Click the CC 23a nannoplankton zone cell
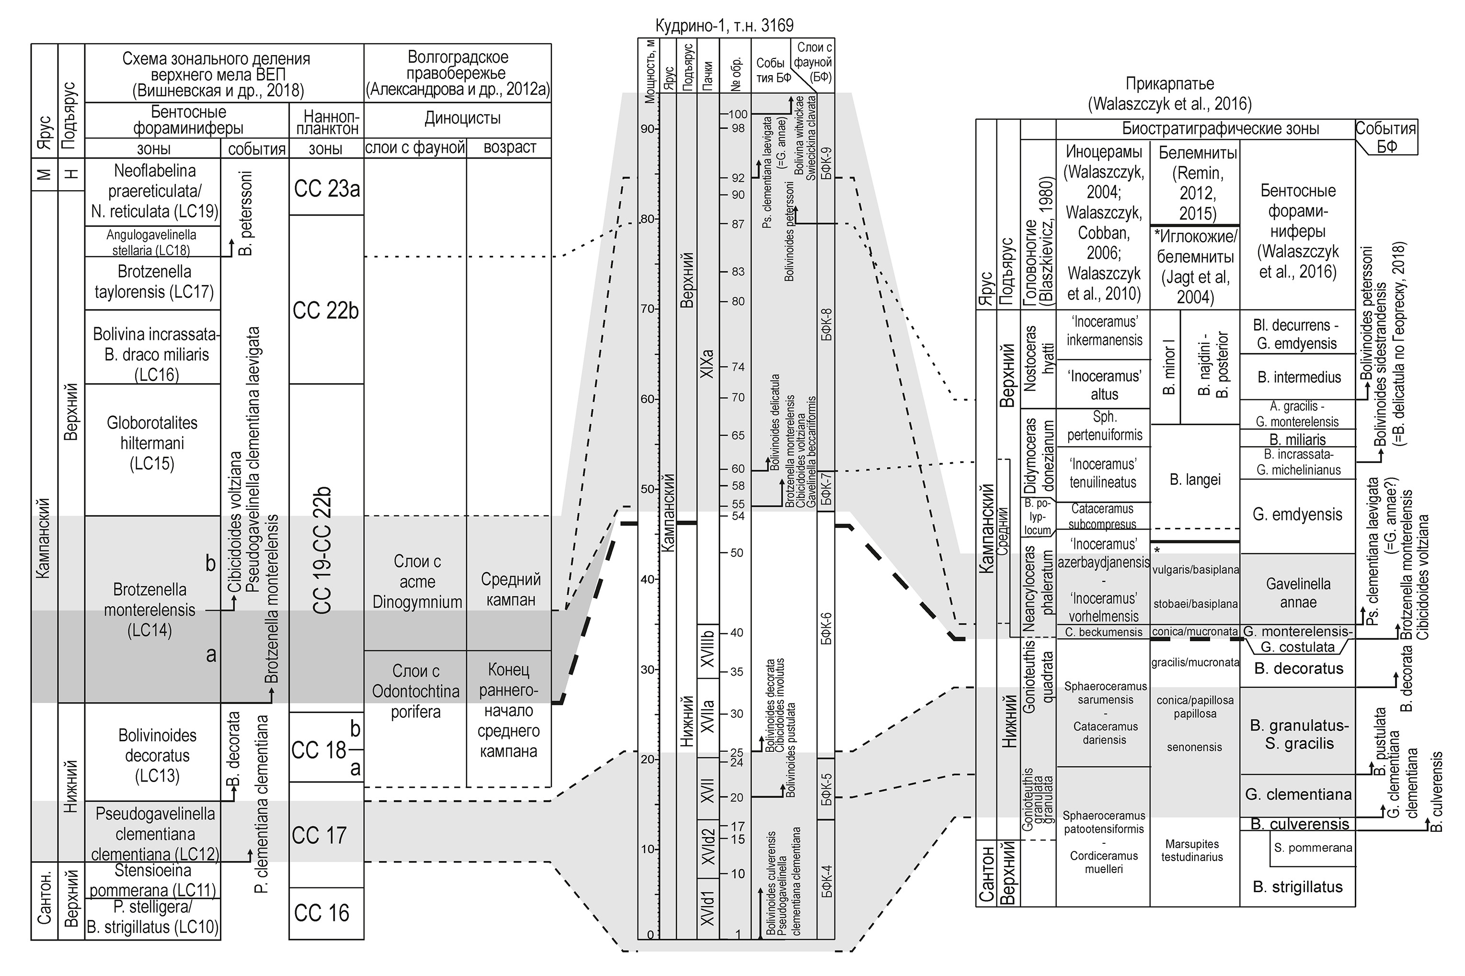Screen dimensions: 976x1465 point(326,188)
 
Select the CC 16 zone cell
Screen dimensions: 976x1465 point(321,912)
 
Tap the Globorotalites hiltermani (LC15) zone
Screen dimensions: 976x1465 point(152,443)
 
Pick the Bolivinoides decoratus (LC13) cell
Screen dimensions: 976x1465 point(157,755)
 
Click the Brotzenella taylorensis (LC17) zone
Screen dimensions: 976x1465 point(153,281)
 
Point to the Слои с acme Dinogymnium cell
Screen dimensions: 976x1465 point(417,581)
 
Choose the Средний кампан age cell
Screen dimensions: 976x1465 point(510,590)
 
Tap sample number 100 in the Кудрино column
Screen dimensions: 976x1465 point(737,114)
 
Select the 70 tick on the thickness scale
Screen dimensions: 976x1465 point(648,309)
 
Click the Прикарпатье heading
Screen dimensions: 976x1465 point(1169,83)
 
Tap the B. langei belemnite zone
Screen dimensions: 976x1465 point(1195,479)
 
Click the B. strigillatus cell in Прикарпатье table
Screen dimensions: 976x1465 point(1297,886)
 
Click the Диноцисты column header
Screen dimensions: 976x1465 point(462,118)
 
